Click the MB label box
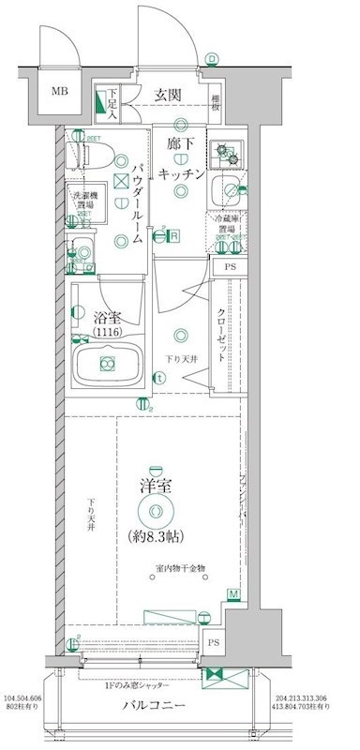click(x=59, y=92)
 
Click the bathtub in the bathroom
click(x=107, y=365)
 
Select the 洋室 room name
click(x=155, y=487)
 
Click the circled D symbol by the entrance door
click(x=212, y=59)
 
